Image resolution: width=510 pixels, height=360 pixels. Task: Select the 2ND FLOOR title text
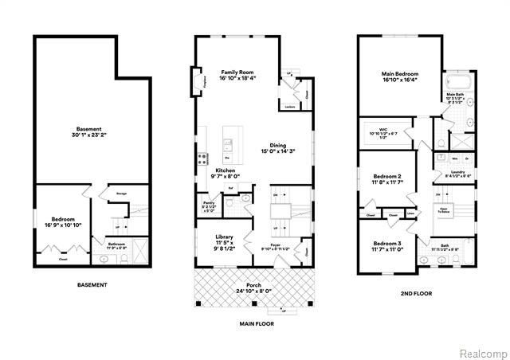coord(415,293)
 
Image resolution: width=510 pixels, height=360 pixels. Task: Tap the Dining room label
coord(278,145)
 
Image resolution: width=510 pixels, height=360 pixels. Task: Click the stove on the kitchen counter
coord(202,156)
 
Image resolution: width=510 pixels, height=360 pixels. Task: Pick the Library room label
coord(224,237)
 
